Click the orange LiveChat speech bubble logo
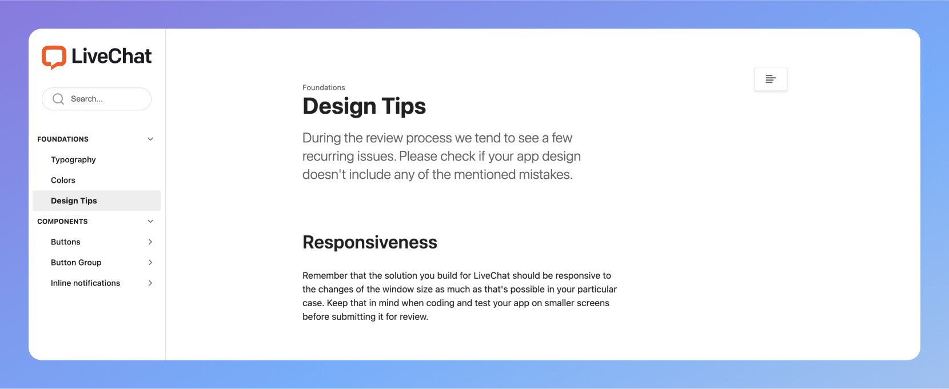pos(54,57)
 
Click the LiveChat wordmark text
pos(111,56)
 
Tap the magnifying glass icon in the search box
pos(58,99)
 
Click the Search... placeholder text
pos(87,99)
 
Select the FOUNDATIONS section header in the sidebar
pos(63,139)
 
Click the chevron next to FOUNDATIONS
pos(150,139)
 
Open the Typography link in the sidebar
pos(73,159)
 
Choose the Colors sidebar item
pos(63,181)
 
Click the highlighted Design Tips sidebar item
pos(97,200)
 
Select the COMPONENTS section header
pos(62,222)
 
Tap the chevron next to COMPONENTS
pos(150,222)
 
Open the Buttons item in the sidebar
pos(66,242)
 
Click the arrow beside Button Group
pos(150,262)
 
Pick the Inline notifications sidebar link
pos(86,283)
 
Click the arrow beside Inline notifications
pos(150,283)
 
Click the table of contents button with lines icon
pos(771,79)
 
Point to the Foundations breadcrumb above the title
pos(324,87)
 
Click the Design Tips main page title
pos(364,106)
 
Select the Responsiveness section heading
pos(370,243)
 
